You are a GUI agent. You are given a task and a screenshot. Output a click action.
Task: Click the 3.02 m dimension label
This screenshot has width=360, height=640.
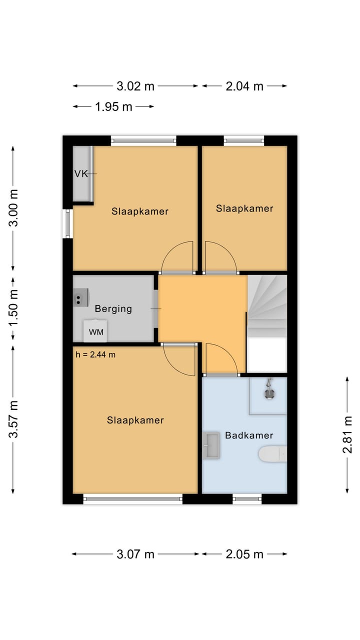click(135, 86)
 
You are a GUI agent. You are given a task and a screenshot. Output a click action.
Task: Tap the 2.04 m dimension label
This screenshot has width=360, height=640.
click(244, 86)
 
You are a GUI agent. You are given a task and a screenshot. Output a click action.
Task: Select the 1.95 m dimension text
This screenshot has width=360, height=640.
click(113, 106)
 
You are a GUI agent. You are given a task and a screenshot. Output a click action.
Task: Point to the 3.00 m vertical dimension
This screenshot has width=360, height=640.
click(13, 207)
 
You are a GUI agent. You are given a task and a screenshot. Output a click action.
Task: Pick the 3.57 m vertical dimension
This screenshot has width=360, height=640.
click(13, 419)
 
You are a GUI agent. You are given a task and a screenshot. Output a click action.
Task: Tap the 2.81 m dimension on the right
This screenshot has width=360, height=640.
click(347, 434)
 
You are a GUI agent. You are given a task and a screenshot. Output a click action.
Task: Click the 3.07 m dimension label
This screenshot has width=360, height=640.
click(135, 554)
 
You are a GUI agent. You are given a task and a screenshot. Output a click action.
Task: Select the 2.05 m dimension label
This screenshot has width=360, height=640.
click(244, 554)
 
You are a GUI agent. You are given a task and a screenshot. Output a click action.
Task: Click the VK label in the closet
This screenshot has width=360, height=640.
click(81, 173)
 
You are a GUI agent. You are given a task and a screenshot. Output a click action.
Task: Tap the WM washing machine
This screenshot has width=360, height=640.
click(95, 331)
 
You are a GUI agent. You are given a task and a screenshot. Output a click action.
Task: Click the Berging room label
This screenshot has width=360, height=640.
click(113, 309)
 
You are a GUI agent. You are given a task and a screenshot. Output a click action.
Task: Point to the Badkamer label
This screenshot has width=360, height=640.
click(249, 435)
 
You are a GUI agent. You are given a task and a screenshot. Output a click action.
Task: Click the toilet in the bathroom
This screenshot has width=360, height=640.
click(272, 454)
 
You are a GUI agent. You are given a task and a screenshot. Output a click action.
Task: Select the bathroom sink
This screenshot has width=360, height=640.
click(211, 445)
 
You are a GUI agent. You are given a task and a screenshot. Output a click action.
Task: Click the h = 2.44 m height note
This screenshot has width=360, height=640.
click(95, 354)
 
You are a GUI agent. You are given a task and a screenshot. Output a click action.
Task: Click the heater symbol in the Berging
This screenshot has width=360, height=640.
click(81, 297)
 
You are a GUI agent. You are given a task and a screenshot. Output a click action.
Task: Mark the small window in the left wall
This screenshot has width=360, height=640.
click(67, 223)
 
